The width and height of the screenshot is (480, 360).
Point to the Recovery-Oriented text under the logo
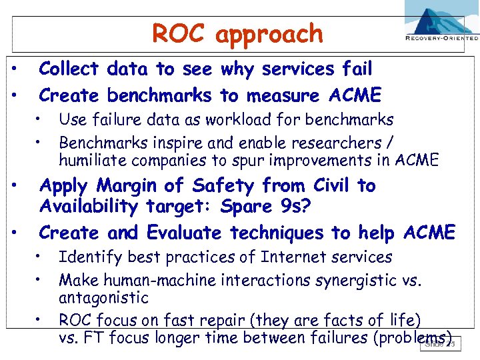click(x=441, y=39)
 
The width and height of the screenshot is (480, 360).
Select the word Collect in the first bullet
click(x=69, y=69)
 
